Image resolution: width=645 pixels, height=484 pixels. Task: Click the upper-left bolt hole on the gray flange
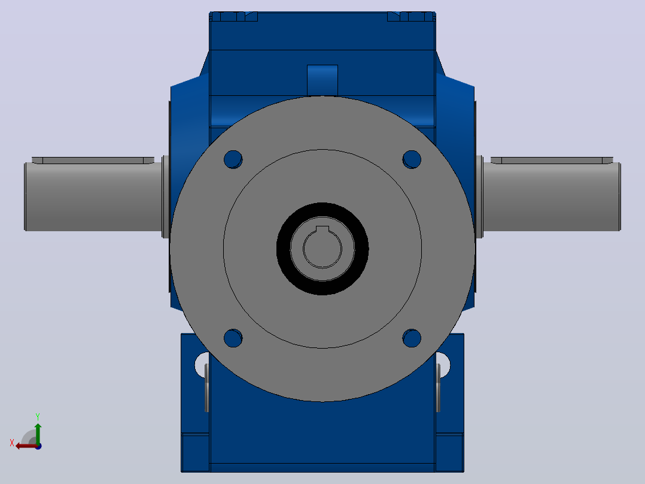click(x=233, y=159)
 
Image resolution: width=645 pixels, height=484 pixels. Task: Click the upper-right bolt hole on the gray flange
click(x=412, y=159)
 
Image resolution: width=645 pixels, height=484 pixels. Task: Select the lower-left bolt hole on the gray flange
click(x=233, y=338)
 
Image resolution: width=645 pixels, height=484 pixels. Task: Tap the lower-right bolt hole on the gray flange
click(x=412, y=338)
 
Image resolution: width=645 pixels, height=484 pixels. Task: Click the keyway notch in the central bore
click(x=322, y=229)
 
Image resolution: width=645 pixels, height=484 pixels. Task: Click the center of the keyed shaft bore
click(x=322, y=249)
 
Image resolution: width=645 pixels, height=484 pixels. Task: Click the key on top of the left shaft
click(x=93, y=160)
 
